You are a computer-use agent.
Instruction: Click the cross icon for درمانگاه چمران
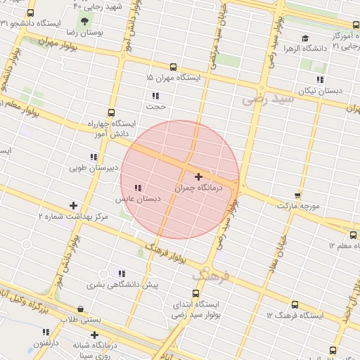(198, 176)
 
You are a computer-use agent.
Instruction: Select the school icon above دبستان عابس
(139, 188)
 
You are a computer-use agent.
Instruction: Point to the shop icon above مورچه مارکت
(298, 195)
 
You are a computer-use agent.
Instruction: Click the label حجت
(155, 107)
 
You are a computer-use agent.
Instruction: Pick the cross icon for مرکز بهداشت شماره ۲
(74, 205)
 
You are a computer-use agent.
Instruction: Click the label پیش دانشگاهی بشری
(122, 285)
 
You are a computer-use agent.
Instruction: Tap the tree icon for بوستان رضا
(85, 22)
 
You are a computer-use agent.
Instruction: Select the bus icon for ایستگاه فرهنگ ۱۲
(294, 305)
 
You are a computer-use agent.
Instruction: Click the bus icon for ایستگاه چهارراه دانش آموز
(111, 112)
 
